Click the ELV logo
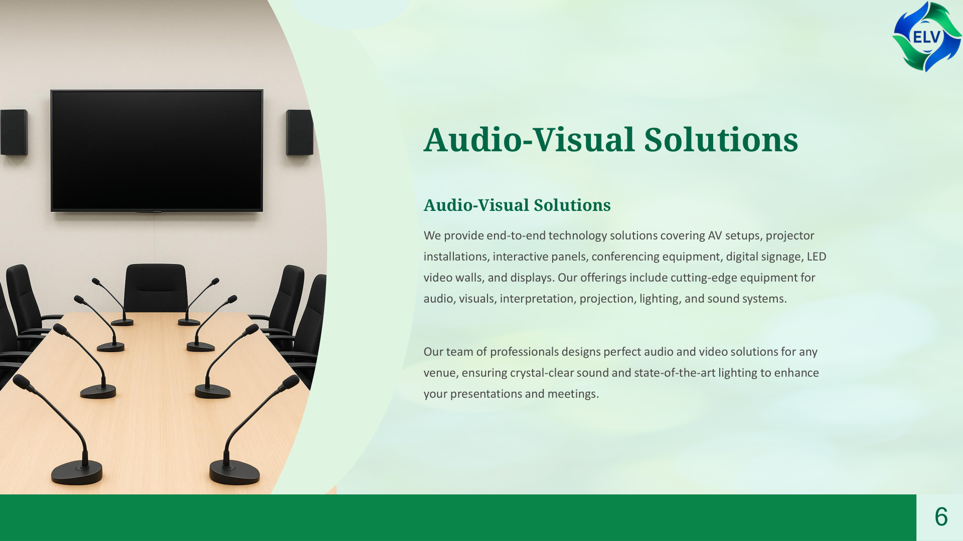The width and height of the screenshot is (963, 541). pyautogui.click(x=926, y=37)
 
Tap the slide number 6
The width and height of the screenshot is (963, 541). pyautogui.click(x=941, y=516)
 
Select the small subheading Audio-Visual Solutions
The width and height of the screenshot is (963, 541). pyautogui.click(x=517, y=205)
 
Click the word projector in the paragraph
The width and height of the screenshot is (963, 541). pyautogui.click(x=789, y=236)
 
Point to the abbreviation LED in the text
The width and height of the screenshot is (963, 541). pyautogui.click(x=816, y=256)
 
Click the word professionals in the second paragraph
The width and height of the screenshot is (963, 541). pyautogui.click(x=524, y=352)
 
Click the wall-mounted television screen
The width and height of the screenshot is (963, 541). pyautogui.click(x=156, y=150)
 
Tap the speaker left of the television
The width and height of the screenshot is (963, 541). pyautogui.click(x=14, y=132)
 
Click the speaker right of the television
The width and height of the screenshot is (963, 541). pyautogui.click(x=299, y=132)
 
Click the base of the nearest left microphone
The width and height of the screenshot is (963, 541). pyautogui.click(x=77, y=473)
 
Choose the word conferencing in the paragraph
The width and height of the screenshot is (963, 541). pyautogui.click(x=625, y=257)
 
